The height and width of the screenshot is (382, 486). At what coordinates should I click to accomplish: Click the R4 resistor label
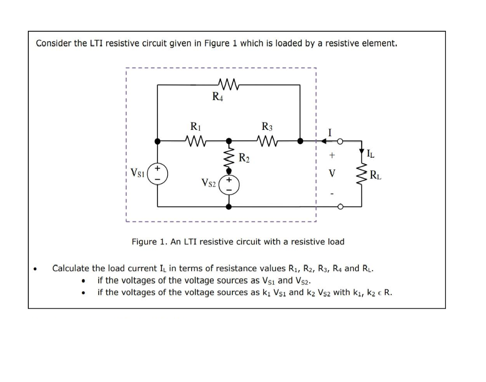tap(218, 97)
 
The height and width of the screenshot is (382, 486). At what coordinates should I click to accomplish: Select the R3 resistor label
tap(267, 127)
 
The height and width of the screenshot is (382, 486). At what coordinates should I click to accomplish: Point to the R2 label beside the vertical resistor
tap(244, 157)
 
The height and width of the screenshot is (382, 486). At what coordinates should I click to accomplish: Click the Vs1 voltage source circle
tap(157, 173)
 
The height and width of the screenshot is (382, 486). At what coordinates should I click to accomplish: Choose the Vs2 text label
tap(209, 183)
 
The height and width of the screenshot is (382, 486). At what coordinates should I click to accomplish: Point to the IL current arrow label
tap(371, 154)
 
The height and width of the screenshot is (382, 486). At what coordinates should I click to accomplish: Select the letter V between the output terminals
tap(332, 173)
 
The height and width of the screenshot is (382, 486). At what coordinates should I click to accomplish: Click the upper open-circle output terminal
tap(340, 141)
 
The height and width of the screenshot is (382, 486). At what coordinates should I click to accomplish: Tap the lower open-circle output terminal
tap(340, 207)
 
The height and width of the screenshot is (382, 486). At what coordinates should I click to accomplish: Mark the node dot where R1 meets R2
tap(228, 141)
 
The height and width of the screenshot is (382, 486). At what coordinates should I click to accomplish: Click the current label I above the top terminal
tap(330, 132)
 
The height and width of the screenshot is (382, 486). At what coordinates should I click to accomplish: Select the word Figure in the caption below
tap(144, 242)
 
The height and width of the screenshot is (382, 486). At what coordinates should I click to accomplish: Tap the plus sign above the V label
tap(331, 156)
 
